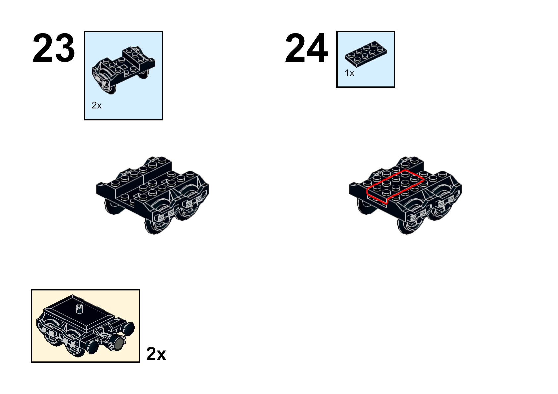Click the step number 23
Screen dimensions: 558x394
tap(53, 48)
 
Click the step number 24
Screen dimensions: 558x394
tap(306, 48)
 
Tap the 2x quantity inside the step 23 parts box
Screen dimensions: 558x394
tap(97, 105)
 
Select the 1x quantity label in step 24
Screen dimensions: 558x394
tap(349, 73)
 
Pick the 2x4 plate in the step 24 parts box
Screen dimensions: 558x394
tap(366, 54)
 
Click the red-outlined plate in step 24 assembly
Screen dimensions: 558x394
tap(395, 186)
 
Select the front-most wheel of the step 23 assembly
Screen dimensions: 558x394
tap(155, 224)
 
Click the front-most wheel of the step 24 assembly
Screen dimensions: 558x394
tap(407, 224)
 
